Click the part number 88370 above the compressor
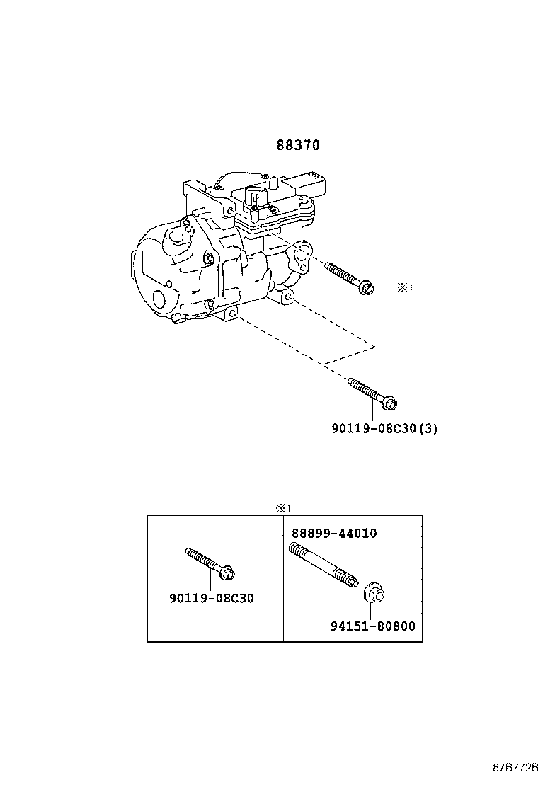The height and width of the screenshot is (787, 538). (x=298, y=145)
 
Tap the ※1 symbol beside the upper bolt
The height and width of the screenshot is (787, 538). (x=403, y=287)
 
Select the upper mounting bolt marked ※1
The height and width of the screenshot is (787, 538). (x=349, y=278)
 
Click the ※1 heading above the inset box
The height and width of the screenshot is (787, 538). (x=283, y=508)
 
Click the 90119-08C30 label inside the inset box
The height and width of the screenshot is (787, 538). (x=211, y=598)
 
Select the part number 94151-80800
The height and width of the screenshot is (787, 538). (x=372, y=626)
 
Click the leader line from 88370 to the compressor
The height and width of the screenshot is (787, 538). (x=297, y=165)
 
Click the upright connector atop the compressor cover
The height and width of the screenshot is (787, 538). (x=257, y=197)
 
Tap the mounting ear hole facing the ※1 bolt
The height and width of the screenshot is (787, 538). (x=302, y=253)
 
